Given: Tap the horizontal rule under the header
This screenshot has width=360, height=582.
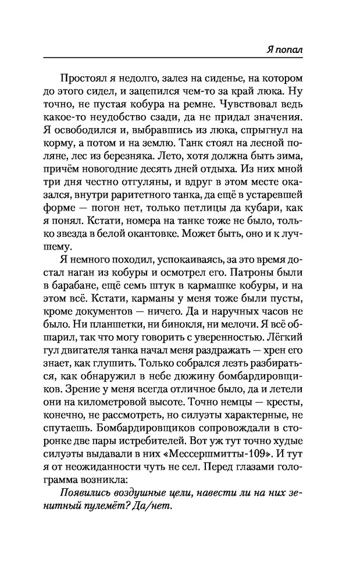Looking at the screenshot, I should click(174, 57).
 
